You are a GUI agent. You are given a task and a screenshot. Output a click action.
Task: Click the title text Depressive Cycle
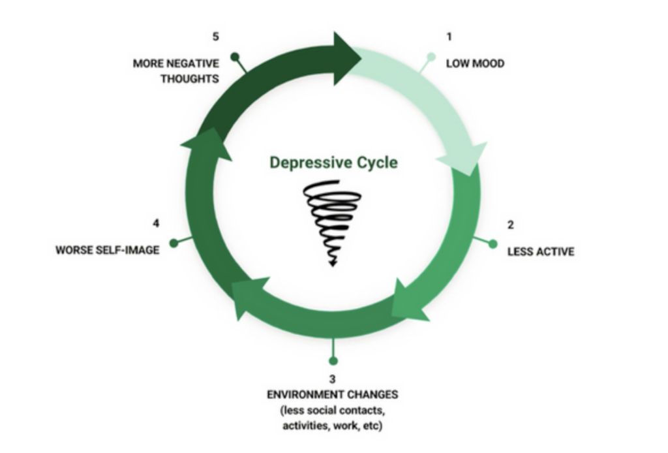click(x=333, y=163)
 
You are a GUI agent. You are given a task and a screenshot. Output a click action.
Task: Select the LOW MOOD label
click(x=475, y=63)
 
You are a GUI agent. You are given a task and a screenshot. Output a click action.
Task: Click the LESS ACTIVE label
click(x=541, y=251)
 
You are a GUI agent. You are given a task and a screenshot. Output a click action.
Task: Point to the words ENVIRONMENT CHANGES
click(x=333, y=395)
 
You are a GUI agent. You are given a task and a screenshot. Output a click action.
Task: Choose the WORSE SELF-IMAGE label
click(x=108, y=250)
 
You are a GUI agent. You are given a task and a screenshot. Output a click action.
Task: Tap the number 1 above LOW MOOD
click(x=449, y=37)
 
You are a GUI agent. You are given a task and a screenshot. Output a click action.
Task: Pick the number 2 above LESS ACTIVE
click(x=510, y=225)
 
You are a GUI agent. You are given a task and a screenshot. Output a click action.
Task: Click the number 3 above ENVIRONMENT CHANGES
click(x=332, y=379)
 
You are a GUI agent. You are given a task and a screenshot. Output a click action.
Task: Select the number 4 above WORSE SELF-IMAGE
click(x=156, y=223)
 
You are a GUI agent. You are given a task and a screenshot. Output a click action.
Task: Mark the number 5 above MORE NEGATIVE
click(x=215, y=37)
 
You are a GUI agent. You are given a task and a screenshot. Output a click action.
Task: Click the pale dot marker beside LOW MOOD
click(x=431, y=57)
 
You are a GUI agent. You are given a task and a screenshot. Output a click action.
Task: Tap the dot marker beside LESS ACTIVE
click(x=493, y=244)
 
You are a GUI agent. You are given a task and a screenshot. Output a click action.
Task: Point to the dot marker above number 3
click(x=333, y=361)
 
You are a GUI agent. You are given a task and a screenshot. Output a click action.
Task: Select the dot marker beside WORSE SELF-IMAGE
click(x=174, y=243)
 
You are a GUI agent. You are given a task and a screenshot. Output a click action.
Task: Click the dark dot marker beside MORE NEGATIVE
click(x=235, y=57)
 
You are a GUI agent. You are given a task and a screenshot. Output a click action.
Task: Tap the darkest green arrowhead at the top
click(x=344, y=58)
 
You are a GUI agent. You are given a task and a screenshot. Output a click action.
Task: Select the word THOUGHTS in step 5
click(x=190, y=79)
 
